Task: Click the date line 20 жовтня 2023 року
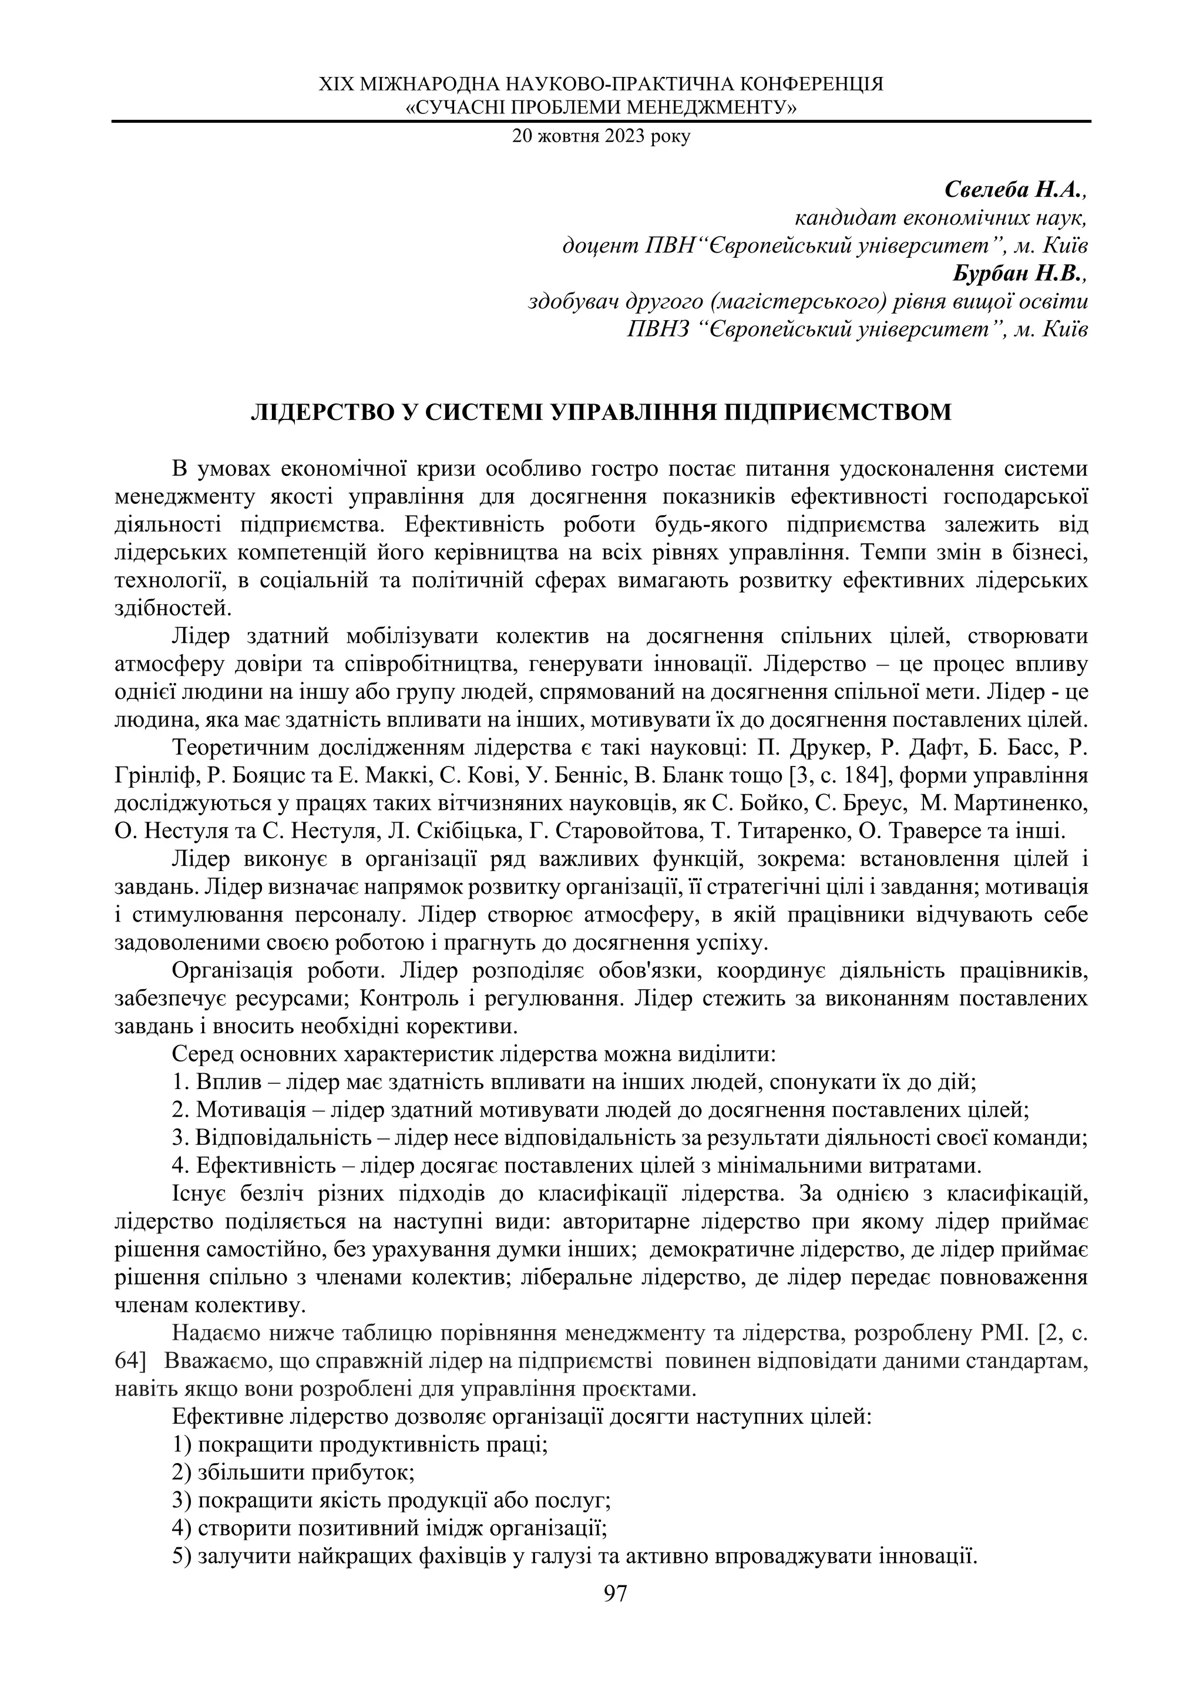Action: pos(601,137)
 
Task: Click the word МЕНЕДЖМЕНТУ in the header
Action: pos(707,109)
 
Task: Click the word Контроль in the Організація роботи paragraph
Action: pos(405,999)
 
